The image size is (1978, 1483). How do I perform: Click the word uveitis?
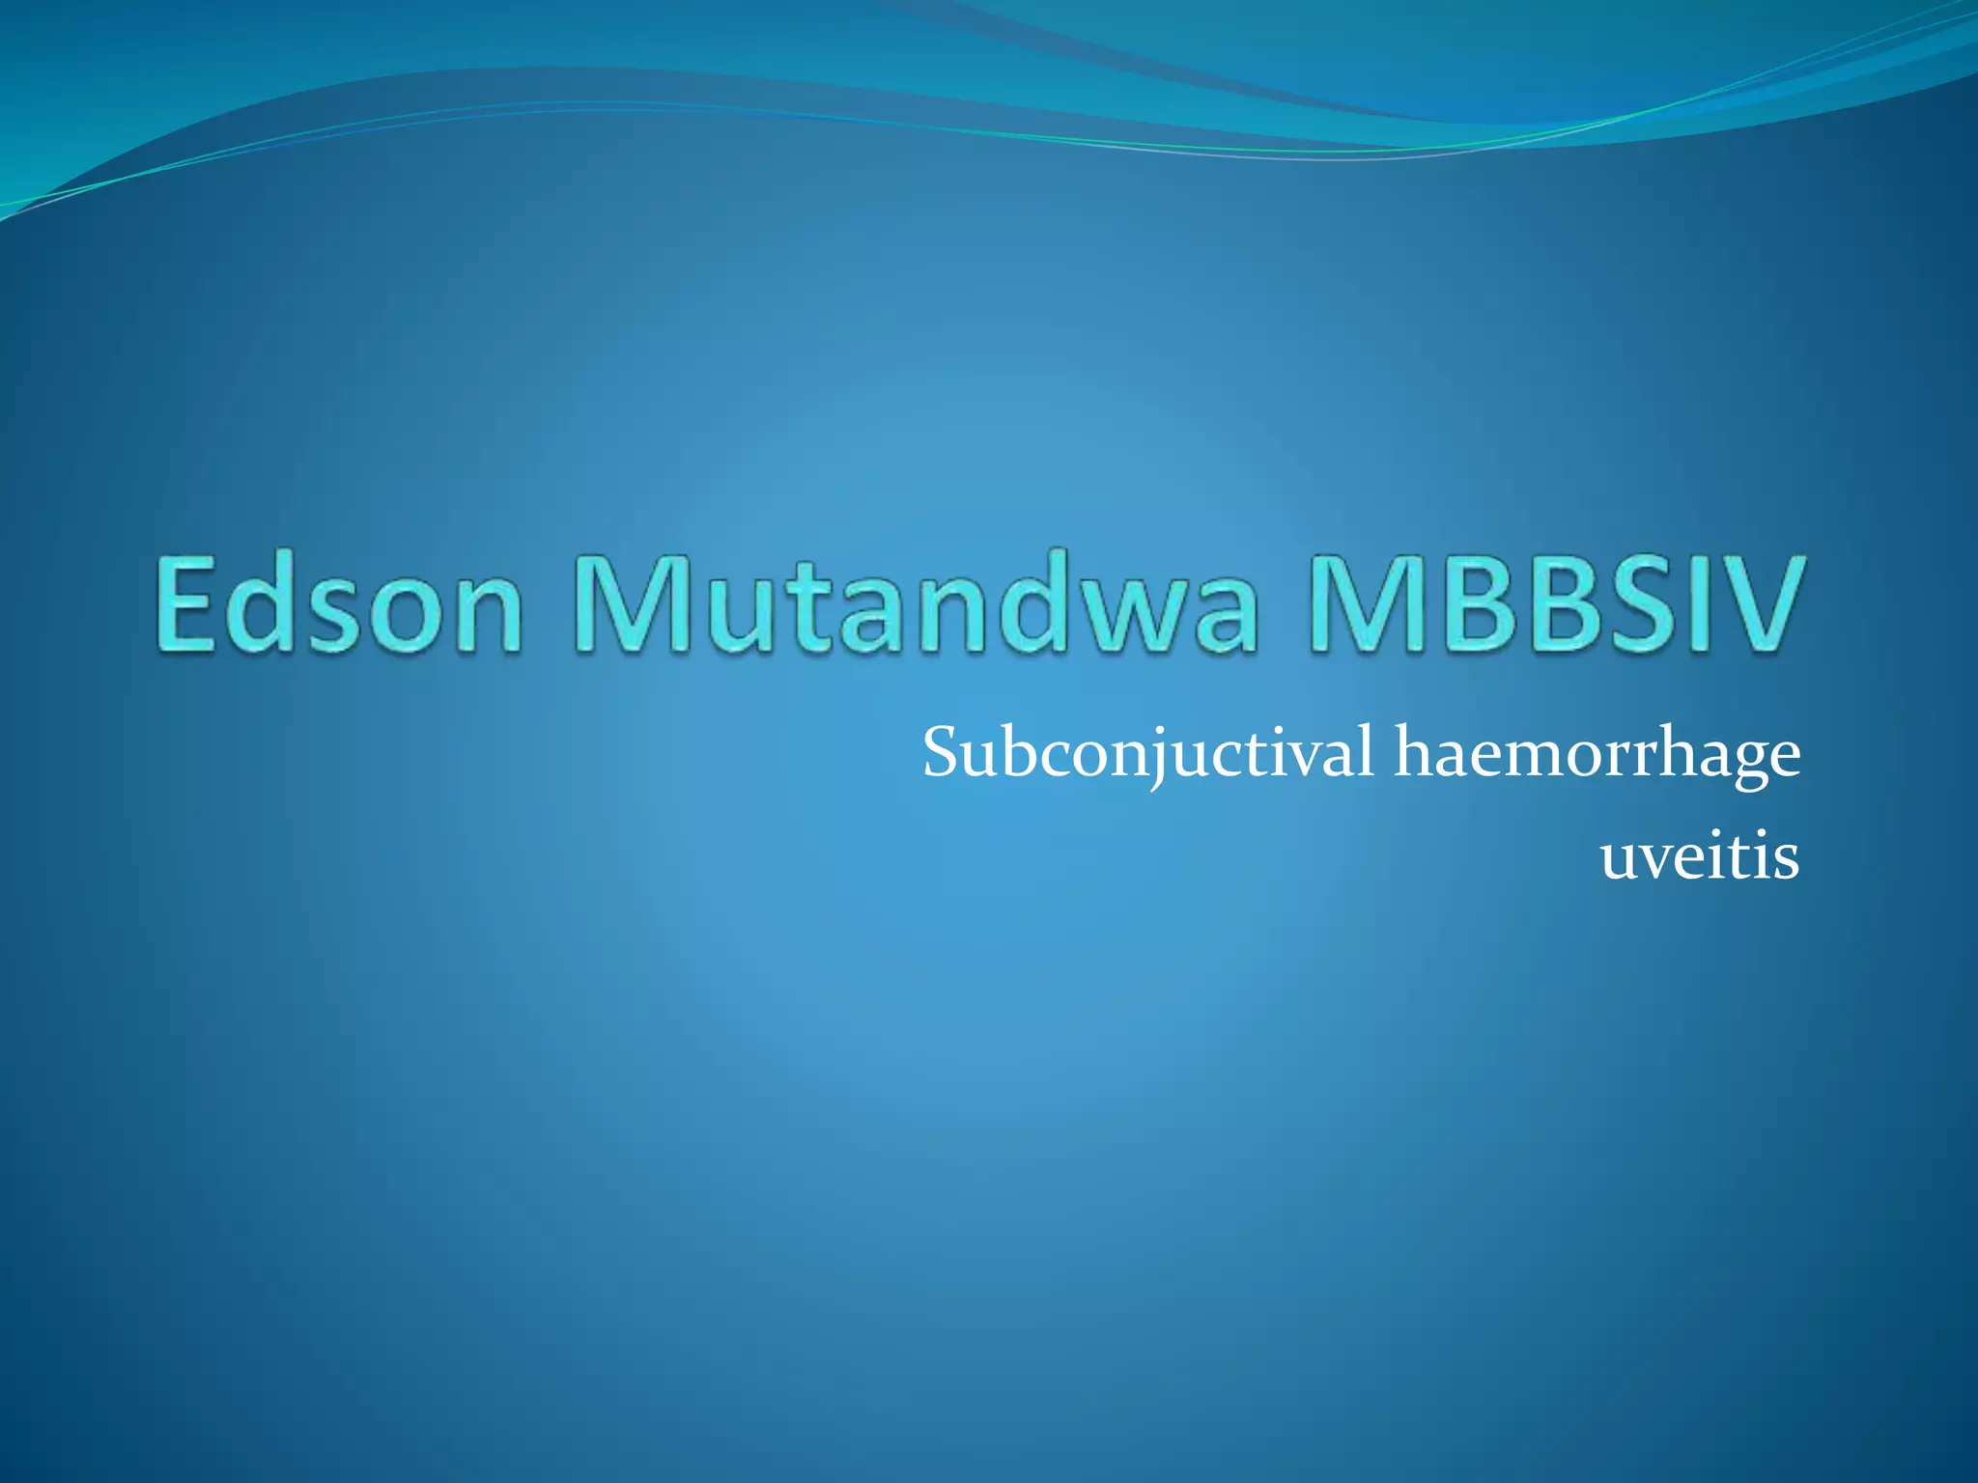click(1700, 855)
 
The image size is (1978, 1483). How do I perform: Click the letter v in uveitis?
click(1662, 858)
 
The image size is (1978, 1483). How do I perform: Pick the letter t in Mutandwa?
click(792, 608)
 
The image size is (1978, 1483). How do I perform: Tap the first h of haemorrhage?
click(1415, 751)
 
